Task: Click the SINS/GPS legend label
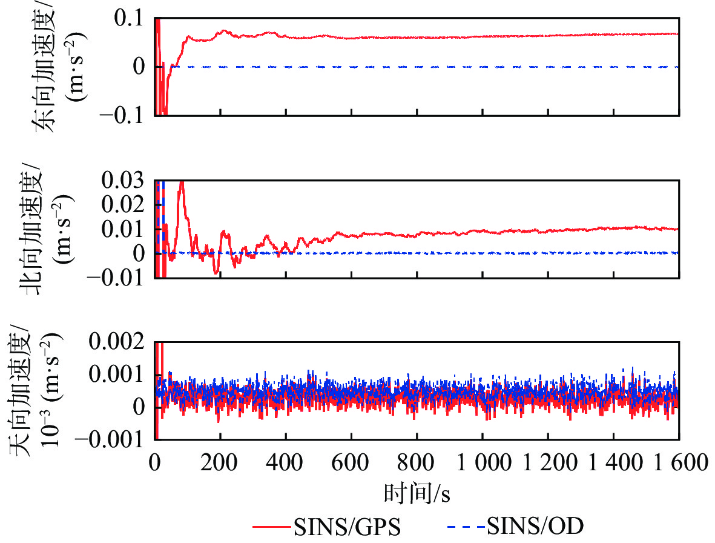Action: pos(348,527)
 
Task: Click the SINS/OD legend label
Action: pos(536,527)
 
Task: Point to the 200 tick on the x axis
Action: pos(220,464)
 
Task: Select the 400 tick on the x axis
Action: pos(286,464)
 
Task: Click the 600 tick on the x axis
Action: pos(351,464)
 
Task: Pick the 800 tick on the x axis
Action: pos(417,464)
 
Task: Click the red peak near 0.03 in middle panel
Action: pos(182,184)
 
